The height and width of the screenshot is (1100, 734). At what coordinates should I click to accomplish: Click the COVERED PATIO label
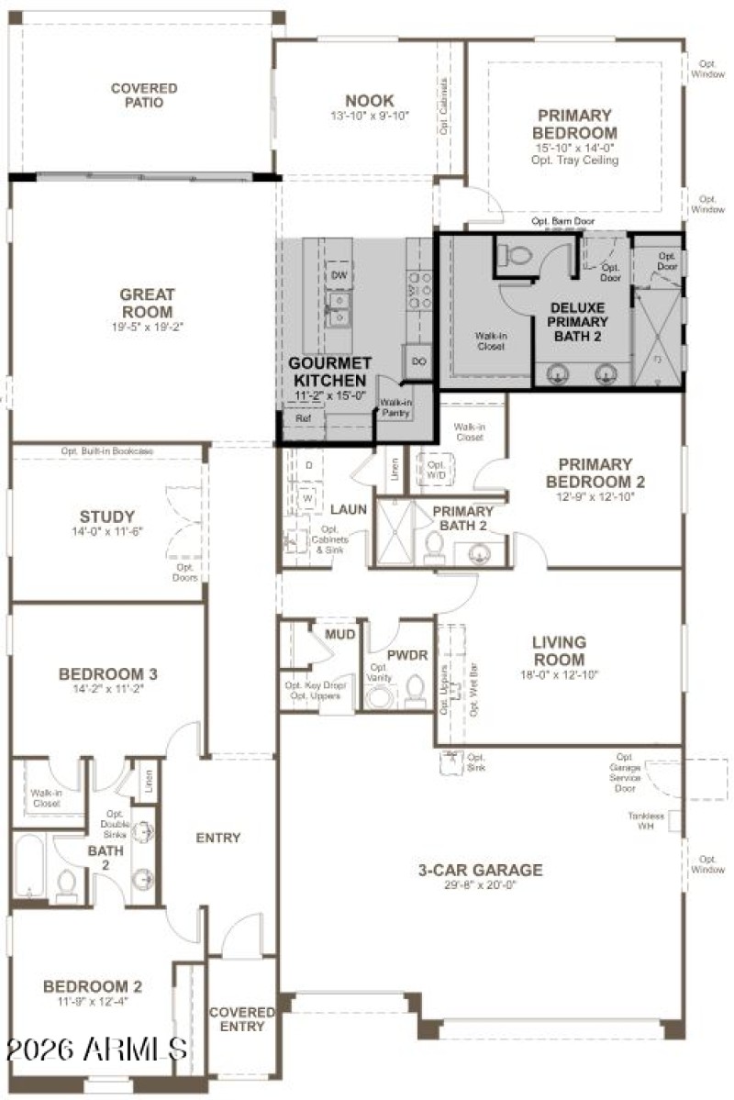pyautogui.click(x=144, y=95)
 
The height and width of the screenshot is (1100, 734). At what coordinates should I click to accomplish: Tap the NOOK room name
pyautogui.click(x=369, y=101)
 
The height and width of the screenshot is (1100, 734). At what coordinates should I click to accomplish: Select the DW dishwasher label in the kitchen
pyautogui.click(x=338, y=275)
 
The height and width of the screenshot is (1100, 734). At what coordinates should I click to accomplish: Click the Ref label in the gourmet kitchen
pyautogui.click(x=302, y=417)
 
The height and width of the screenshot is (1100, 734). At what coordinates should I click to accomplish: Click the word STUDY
pyautogui.click(x=106, y=517)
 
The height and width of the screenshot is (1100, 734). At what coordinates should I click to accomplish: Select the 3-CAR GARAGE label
pyautogui.click(x=480, y=870)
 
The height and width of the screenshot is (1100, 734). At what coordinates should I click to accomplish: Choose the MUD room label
pyautogui.click(x=339, y=634)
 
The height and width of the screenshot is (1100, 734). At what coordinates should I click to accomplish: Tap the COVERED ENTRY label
pyautogui.click(x=241, y=1018)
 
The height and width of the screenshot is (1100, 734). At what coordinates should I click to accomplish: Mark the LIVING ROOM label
pyautogui.click(x=559, y=650)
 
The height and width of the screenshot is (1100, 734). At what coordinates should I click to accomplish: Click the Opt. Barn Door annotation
pyautogui.click(x=562, y=222)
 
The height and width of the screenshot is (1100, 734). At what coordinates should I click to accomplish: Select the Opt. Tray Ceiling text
pyautogui.click(x=574, y=161)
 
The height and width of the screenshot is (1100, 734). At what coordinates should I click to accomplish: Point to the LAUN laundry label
pyautogui.click(x=349, y=509)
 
